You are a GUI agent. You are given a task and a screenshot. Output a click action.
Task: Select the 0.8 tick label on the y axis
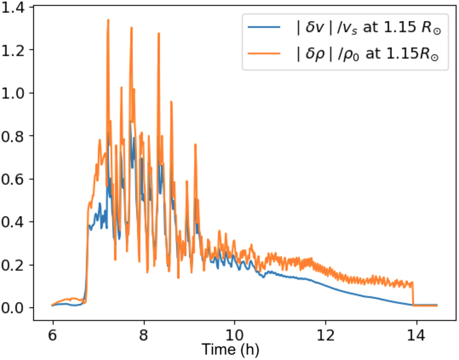[14, 136]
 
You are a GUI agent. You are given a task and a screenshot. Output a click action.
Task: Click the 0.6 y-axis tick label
[14, 179]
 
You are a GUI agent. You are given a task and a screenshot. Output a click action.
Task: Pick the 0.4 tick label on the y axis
[14, 222]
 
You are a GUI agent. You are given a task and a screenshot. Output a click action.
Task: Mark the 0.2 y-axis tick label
[14, 265]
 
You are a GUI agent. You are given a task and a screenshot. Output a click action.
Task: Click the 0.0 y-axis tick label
[14, 308]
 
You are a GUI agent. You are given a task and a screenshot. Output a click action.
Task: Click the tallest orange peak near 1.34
[108, 20]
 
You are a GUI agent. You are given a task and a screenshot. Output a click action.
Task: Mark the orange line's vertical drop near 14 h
[414, 295]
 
